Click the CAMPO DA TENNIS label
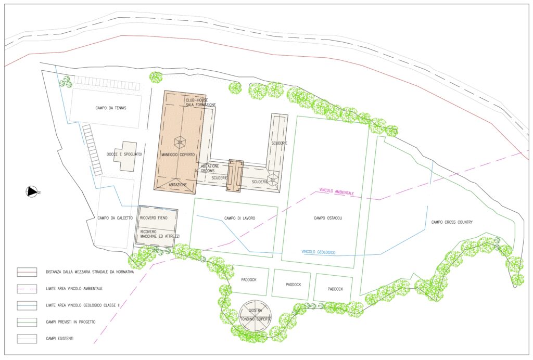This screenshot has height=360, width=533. tap(111, 108)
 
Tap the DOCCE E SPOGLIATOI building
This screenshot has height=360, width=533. tap(125, 157)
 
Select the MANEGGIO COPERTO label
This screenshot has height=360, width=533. tap(178, 155)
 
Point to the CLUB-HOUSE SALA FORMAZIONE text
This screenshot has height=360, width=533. tap(200, 102)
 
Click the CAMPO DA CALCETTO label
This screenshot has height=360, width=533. tap(115, 218)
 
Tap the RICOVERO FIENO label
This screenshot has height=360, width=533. tap(154, 217)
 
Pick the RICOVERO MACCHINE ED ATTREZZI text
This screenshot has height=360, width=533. tap(160, 234)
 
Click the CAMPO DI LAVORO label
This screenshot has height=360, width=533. tap(239, 218)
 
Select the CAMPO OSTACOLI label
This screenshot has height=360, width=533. tap(328, 218)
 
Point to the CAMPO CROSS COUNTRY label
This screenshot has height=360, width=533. tap(452, 222)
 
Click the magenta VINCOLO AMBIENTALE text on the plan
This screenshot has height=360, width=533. tap(337, 191)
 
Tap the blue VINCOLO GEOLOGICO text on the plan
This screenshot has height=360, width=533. tap(319, 252)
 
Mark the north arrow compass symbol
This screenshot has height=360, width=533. tap(32, 191)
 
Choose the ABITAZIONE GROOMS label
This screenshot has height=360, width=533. tap(210, 169)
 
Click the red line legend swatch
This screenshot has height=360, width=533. tap(27, 272)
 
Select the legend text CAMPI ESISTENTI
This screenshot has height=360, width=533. tap(59, 339)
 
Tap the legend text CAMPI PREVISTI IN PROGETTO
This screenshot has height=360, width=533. tap(71, 322)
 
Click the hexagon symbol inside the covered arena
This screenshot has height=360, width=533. tap(180, 142)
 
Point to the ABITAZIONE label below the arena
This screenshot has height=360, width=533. tap(178, 185)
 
